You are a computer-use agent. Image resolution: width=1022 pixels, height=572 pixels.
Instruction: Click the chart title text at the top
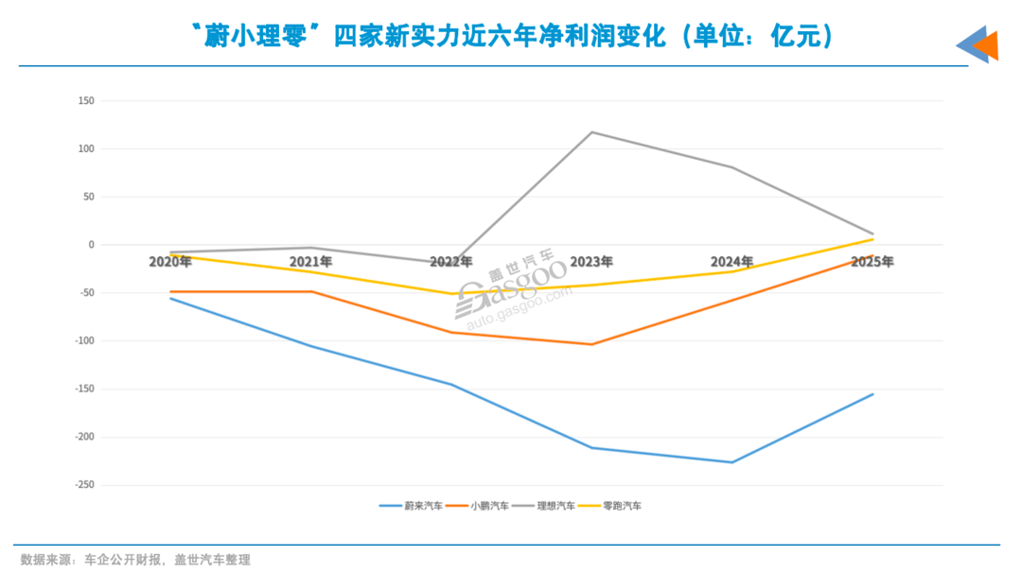(511, 35)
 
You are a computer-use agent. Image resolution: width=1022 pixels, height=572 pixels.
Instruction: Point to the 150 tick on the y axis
(86, 100)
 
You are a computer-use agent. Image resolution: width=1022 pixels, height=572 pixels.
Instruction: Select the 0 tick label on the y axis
(90, 245)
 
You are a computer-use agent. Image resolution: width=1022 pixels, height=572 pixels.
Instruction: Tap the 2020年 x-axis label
(170, 262)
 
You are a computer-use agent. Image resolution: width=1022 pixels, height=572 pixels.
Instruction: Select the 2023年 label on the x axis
(591, 262)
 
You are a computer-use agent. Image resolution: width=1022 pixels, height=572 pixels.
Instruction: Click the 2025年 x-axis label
(872, 262)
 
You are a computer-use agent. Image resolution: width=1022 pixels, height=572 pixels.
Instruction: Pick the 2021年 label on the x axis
(310, 262)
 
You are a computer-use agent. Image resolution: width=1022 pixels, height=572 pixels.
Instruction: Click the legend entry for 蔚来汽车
(411, 506)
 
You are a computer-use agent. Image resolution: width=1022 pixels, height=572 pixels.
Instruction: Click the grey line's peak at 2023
(592, 131)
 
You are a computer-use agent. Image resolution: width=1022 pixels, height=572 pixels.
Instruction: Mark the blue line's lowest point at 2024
(732, 462)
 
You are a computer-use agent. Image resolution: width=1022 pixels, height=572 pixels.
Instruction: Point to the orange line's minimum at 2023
(592, 344)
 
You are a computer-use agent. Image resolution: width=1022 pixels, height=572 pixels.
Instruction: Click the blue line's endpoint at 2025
(872, 394)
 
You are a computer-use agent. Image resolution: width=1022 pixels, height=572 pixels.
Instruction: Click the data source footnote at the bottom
(135, 560)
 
